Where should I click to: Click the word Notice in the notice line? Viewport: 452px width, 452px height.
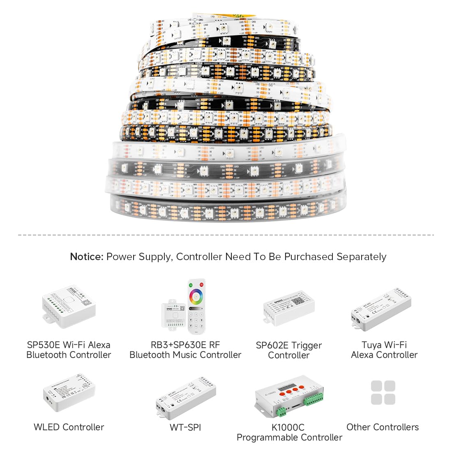click(x=86, y=257)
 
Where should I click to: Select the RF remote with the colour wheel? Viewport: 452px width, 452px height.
click(x=196, y=306)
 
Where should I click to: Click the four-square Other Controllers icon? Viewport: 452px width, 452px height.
click(x=383, y=393)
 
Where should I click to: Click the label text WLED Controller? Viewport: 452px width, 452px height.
click(x=69, y=427)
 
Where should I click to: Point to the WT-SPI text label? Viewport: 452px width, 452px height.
click(x=185, y=427)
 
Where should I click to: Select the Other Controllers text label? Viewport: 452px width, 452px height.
click(x=383, y=427)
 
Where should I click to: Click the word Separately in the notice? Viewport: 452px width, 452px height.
click(x=361, y=257)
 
